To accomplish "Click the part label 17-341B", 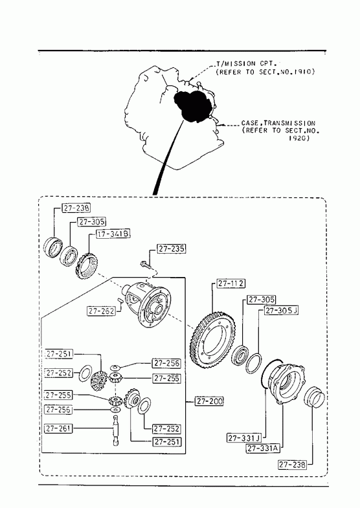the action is point(113,234).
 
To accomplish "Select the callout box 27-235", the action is point(172,248).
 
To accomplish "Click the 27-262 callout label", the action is point(102,311).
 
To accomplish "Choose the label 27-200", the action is point(209,401).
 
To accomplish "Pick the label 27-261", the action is point(58,428).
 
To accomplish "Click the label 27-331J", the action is point(244,438).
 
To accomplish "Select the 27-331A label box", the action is point(263,448).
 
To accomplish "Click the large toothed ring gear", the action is point(213,340).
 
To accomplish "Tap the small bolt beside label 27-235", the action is point(146,265).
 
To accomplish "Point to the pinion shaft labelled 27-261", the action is point(116,431).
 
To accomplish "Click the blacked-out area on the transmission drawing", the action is point(193,105).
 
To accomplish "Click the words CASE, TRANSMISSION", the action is point(278,123).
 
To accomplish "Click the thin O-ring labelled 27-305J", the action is point(253,363).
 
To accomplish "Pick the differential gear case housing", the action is point(149,304).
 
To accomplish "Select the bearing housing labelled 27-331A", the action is point(287,384).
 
